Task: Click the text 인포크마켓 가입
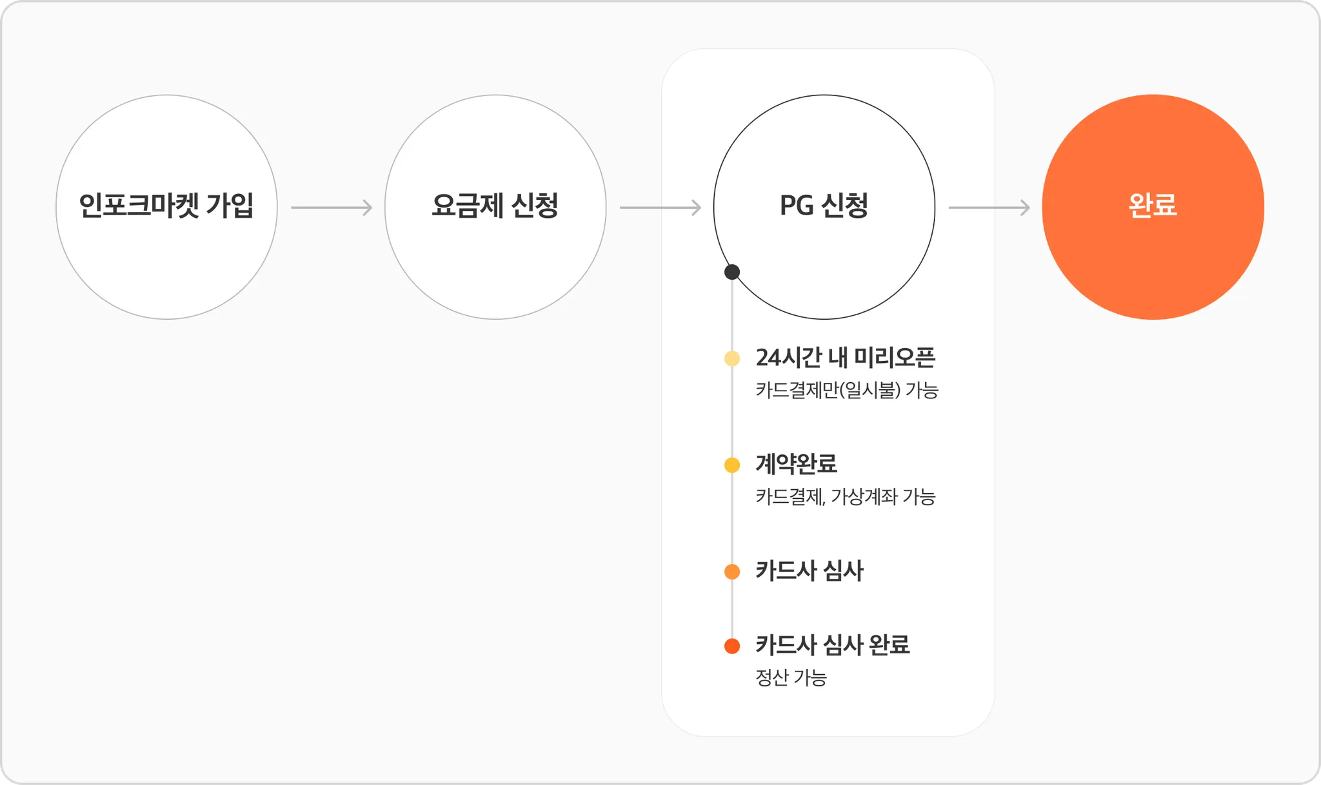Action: (166, 206)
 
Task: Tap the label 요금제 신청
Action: (495, 206)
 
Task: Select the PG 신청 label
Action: (824, 206)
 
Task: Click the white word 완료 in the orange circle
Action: (1153, 206)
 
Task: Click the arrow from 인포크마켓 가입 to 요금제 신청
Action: (332, 208)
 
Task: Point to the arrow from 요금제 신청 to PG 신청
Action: (660, 208)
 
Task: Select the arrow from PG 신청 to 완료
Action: (989, 208)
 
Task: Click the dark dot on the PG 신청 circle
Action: (732, 272)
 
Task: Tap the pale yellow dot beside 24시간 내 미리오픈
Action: (732, 358)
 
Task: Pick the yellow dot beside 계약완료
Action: (732, 465)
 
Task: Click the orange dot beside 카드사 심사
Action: (732, 572)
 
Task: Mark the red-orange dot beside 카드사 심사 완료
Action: (732, 646)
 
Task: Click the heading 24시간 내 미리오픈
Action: (845, 358)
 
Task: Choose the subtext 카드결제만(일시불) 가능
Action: (847, 391)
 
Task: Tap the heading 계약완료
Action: (796, 464)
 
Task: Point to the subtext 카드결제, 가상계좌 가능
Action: (845, 497)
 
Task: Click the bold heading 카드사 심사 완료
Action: (832, 644)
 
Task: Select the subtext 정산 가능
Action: (791, 678)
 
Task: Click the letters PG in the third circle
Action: (797, 206)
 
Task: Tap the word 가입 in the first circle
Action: (230, 206)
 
